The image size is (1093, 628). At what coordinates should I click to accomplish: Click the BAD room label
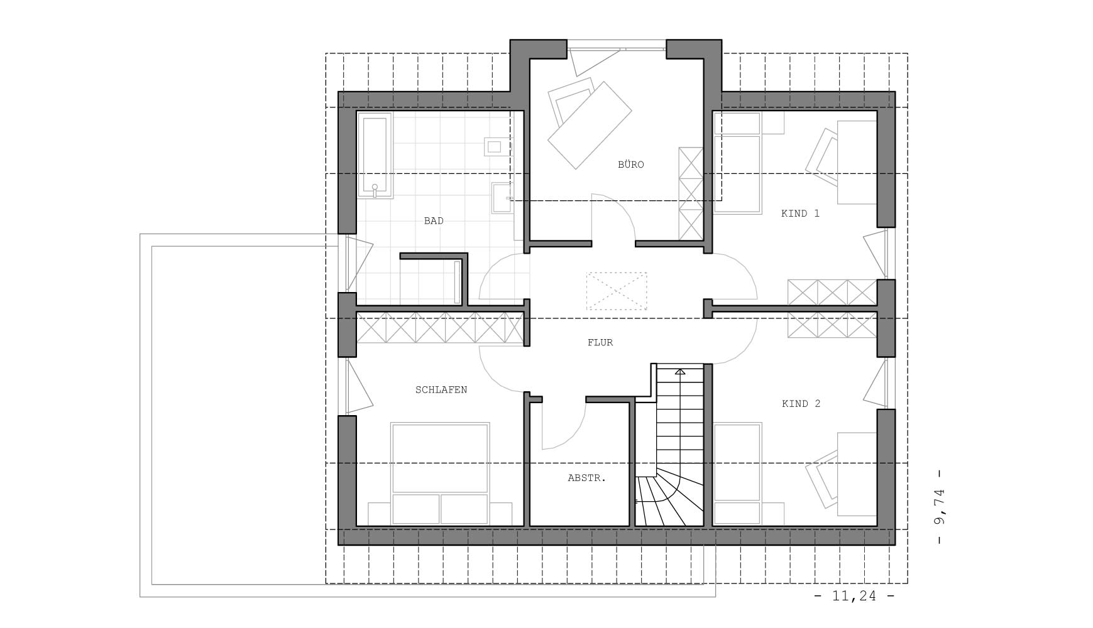[434, 221]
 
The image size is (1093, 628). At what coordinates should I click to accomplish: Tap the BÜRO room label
[630, 165]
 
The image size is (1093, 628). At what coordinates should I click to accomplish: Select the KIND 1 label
[800, 214]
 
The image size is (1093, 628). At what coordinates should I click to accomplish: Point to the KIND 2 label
[801, 404]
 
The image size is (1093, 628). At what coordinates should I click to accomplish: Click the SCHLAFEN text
[441, 390]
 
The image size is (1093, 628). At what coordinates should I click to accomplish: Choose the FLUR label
[600, 343]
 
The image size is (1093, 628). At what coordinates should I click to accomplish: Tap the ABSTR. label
[586, 478]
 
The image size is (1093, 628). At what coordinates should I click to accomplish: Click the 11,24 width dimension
[854, 596]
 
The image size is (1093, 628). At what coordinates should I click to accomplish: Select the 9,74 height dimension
[940, 507]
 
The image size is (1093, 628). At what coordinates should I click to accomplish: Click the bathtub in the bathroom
[375, 156]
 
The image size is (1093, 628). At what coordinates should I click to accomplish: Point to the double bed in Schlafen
[440, 474]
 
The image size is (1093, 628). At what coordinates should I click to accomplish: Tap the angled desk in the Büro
[589, 125]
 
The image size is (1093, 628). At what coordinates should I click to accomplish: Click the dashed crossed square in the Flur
[617, 291]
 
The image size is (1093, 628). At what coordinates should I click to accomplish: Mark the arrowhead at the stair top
[679, 372]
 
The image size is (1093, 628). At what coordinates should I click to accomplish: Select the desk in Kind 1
[857, 162]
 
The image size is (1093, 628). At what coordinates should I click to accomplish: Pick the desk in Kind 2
[857, 474]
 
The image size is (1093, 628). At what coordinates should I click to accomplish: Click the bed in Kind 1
[737, 163]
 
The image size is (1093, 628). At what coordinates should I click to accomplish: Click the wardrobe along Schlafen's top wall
[440, 327]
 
